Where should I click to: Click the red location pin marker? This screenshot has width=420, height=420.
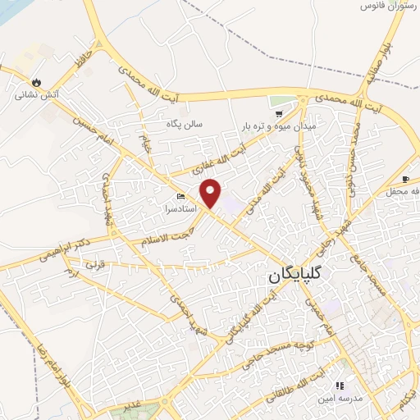point(211,193)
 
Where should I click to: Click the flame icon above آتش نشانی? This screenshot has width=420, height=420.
point(36,81)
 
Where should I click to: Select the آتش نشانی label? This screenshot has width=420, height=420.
point(36,95)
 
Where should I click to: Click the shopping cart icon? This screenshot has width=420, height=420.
point(280,113)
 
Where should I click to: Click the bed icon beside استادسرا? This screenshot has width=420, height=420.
point(180,197)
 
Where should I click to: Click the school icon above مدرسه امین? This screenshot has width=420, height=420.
point(340,385)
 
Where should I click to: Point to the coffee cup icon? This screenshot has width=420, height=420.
point(405,180)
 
